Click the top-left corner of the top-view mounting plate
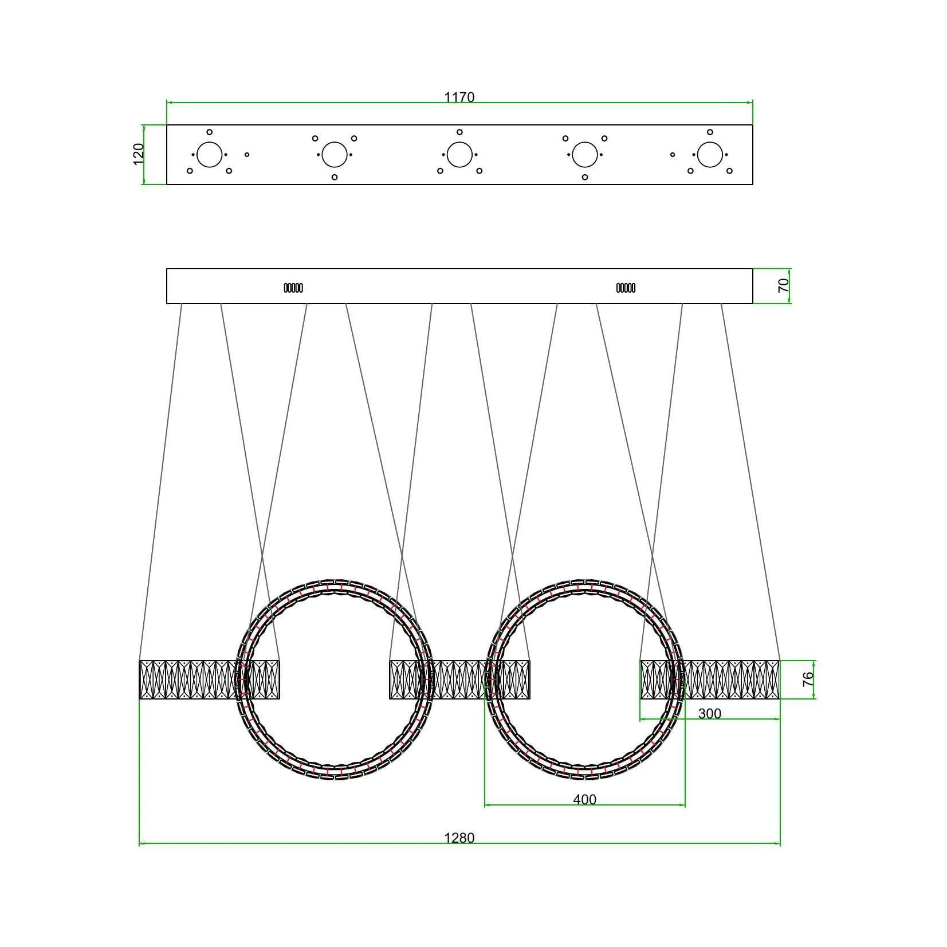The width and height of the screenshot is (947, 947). point(167,125)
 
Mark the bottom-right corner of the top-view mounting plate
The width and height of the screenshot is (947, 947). point(753,184)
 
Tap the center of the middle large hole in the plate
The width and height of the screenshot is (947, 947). point(459,155)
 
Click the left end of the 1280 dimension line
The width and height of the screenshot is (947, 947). point(139,844)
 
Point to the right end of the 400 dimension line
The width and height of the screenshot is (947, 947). point(685,805)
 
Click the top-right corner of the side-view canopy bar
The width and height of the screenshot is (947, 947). point(753,269)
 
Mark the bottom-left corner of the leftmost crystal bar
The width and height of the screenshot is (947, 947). point(139,699)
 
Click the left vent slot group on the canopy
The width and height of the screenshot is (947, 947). point(293,288)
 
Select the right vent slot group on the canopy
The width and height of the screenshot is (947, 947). point(626,288)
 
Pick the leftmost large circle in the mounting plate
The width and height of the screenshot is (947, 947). point(209,155)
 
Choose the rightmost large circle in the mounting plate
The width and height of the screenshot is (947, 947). point(710,155)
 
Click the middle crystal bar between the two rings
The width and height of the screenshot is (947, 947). point(459,679)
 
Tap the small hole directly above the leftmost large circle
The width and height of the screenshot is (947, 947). point(210,132)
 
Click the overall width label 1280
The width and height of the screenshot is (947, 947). point(459,838)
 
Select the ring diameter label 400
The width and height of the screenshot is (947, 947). point(585,799)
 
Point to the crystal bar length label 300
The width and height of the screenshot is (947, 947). point(710,713)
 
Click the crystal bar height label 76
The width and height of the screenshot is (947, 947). point(808,679)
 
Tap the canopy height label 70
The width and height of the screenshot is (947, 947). point(784,285)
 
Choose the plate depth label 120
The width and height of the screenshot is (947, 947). point(139,154)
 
